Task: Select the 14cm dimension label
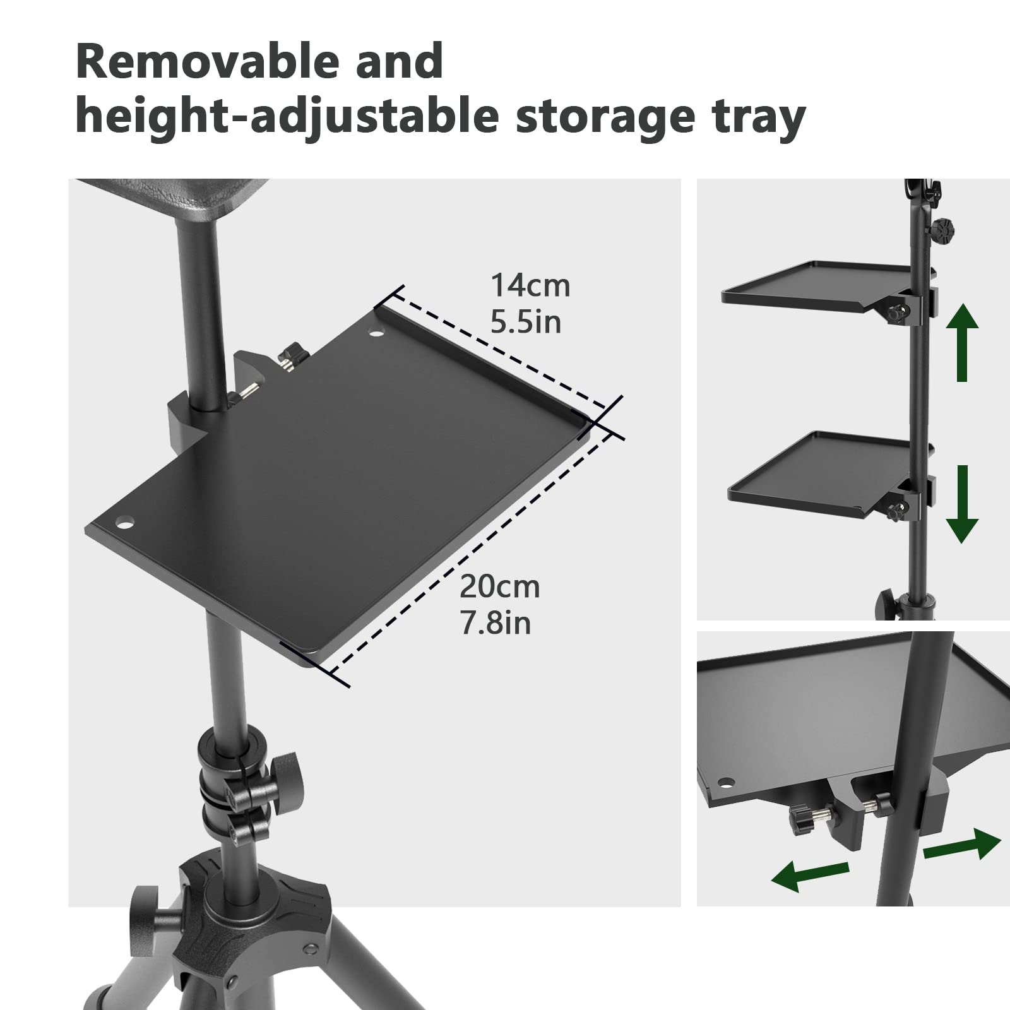click(530, 285)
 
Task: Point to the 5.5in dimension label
click(526, 322)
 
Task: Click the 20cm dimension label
click(499, 587)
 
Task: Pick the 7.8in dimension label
click(496, 624)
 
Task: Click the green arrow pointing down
click(962, 504)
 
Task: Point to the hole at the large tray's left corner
click(125, 523)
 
